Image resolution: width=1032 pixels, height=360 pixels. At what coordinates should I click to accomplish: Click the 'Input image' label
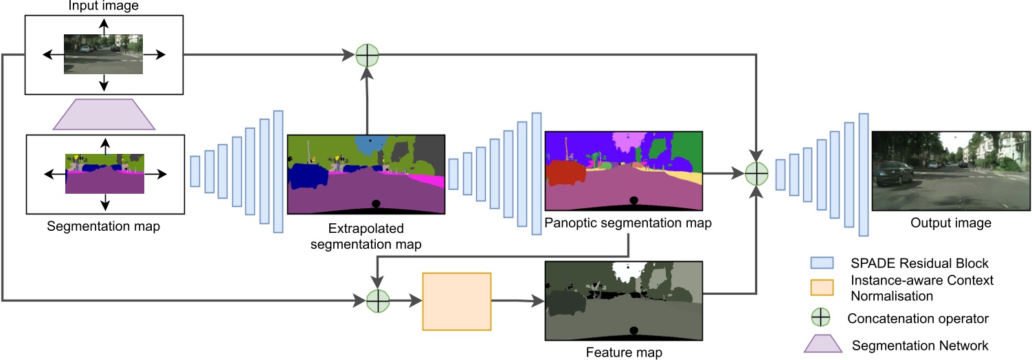pyautogui.click(x=103, y=6)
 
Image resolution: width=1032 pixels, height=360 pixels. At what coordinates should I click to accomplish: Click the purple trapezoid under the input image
pyautogui.click(x=104, y=114)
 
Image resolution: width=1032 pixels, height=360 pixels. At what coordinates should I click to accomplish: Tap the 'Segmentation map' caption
pyautogui.click(x=104, y=226)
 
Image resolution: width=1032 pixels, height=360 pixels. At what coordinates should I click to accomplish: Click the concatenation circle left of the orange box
pyautogui.click(x=377, y=300)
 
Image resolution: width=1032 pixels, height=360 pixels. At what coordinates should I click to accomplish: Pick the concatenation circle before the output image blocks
pyautogui.click(x=756, y=174)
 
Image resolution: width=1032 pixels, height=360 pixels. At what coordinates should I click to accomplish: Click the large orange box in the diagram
pyautogui.click(x=457, y=302)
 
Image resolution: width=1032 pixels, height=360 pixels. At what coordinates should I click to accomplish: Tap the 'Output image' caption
pyautogui.click(x=951, y=223)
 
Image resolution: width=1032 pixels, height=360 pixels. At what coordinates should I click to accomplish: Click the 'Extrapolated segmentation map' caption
pyautogui.click(x=366, y=235)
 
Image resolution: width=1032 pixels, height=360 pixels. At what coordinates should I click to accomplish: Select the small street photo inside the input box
pyautogui.click(x=104, y=54)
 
